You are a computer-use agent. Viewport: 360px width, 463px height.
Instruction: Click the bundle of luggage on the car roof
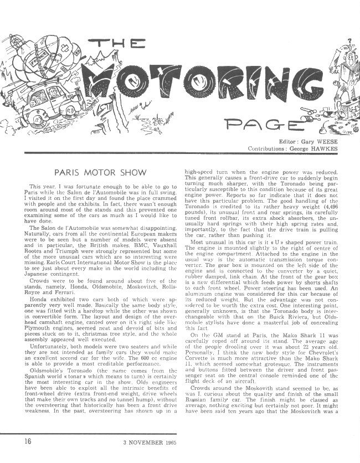pyautogui.click(x=42, y=50)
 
